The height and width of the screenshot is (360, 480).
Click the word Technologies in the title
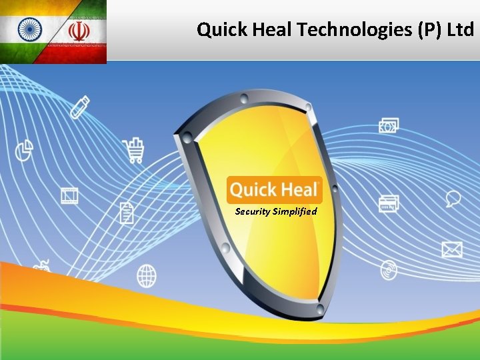tap(339, 29)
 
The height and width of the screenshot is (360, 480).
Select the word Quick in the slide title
tap(223, 29)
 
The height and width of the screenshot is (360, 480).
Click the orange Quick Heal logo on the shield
tap(274, 190)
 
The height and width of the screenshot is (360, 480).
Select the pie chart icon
tap(25, 149)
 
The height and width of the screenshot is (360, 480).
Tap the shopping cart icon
tap(133, 150)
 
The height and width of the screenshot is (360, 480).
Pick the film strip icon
tap(69, 195)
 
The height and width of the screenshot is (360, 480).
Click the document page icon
tap(127, 213)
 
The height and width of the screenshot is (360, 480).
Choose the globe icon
tap(147, 275)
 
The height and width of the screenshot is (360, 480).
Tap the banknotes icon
tap(389, 125)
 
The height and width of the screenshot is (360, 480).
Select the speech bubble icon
tap(453, 198)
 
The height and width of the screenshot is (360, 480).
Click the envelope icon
tap(451, 249)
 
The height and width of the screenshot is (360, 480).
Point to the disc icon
tap(389, 270)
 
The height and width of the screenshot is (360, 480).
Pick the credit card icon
tap(388, 203)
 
